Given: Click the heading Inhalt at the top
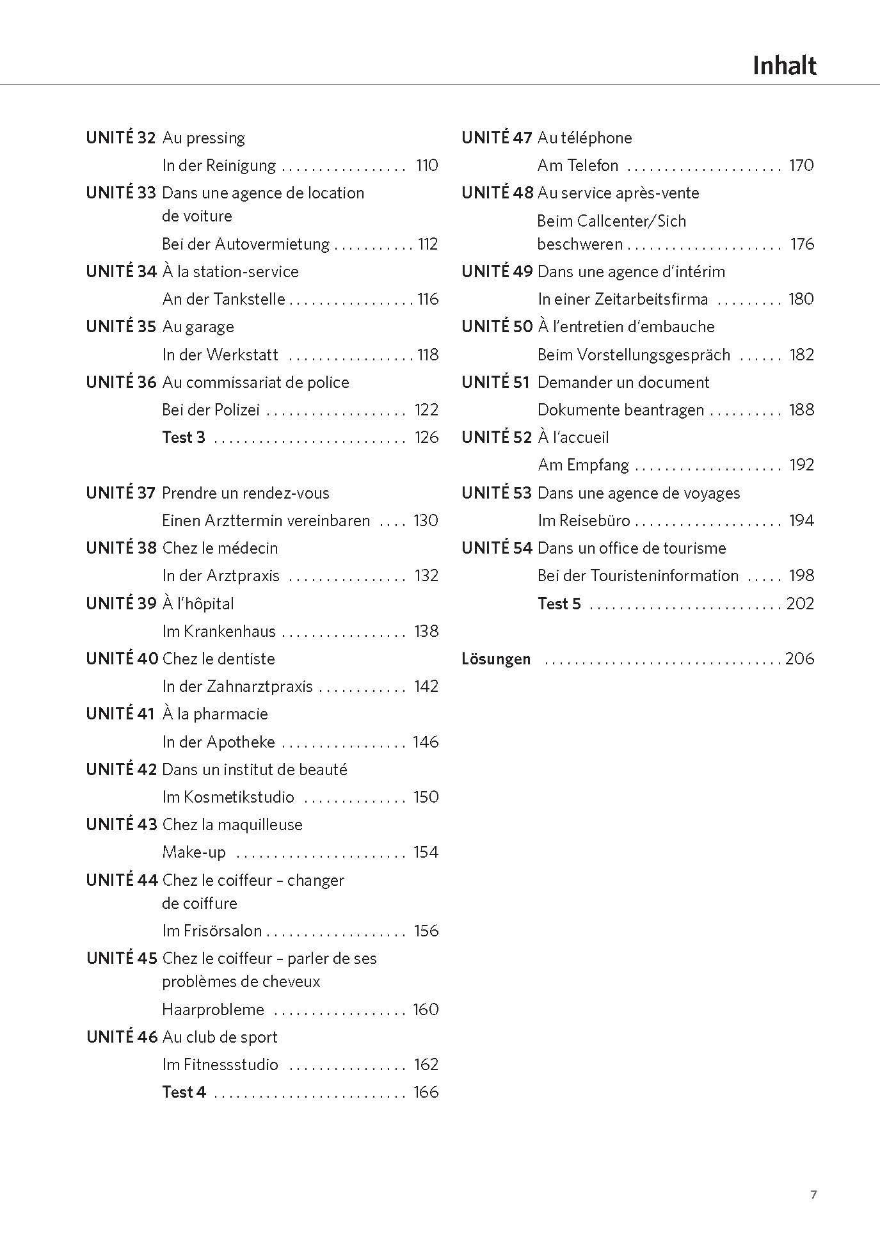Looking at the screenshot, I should (784, 66).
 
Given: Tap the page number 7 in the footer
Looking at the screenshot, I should (813, 1194).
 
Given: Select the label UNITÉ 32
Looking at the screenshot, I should (121, 138).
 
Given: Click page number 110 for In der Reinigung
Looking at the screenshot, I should (426, 165).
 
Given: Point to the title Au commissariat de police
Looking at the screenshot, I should (255, 382).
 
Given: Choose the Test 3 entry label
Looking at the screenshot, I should (184, 437).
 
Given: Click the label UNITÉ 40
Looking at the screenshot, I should (122, 659).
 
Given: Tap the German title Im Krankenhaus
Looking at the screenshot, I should (219, 631).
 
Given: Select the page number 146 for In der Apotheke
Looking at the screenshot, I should (426, 742).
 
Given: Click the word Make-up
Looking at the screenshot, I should (194, 852).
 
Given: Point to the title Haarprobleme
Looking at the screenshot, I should (213, 1009).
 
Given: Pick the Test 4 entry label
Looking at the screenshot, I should (184, 1092).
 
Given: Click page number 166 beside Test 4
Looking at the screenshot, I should (426, 1092).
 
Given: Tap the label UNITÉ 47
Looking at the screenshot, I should (497, 138).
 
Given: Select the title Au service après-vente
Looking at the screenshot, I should (618, 193).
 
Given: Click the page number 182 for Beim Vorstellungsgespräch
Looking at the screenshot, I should (801, 355).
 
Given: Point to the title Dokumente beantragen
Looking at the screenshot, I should (621, 410).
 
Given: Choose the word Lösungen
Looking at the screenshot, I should (496, 659).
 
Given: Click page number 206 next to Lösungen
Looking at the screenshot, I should (799, 659).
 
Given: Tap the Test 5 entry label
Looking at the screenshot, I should (559, 604).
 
